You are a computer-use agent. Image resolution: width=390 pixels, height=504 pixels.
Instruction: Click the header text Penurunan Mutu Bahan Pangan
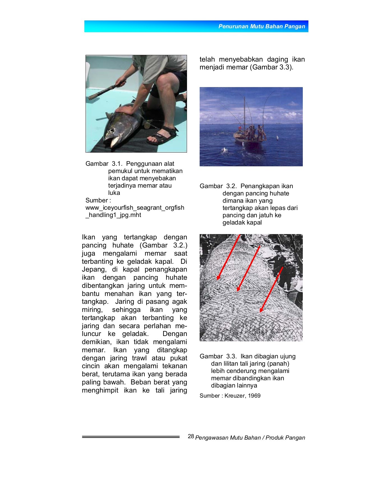[x=262, y=27]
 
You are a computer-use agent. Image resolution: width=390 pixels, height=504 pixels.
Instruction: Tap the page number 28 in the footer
[x=191, y=436]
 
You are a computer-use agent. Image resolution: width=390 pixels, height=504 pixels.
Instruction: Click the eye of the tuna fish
[x=112, y=130]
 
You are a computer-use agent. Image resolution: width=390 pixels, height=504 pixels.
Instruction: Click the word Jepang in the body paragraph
[x=94, y=269]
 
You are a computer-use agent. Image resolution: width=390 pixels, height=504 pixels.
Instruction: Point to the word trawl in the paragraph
[x=139, y=358]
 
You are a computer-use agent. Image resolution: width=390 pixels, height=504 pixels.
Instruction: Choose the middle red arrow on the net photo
[x=248, y=269]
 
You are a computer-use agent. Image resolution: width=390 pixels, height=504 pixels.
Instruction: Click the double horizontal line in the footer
[x=131, y=437]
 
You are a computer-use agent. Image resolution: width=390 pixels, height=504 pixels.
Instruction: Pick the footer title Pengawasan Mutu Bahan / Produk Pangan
[x=250, y=438]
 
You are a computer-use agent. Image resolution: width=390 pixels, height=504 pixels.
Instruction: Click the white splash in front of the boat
[x=225, y=150]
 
